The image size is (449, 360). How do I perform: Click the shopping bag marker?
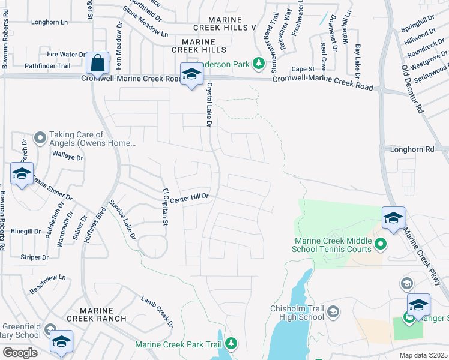[x=97, y=63]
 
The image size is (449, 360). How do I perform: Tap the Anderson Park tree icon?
[x=259, y=63]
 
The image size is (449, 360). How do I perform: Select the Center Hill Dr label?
[x=188, y=197]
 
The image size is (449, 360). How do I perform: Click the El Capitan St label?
[x=164, y=207]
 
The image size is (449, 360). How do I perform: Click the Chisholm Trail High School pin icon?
[x=333, y=312]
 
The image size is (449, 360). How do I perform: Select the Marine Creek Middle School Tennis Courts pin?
[x=380, y=245]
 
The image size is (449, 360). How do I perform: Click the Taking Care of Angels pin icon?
[x=40, y=139]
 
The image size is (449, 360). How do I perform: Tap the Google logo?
[x=20, y=353]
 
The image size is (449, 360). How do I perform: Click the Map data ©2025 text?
[x=423, y=355]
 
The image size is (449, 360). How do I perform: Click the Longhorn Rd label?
[x=411, y=149]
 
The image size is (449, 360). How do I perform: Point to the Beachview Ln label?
[x=47, y=278]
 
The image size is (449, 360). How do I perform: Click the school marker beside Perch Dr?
[x=22, y=174]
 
